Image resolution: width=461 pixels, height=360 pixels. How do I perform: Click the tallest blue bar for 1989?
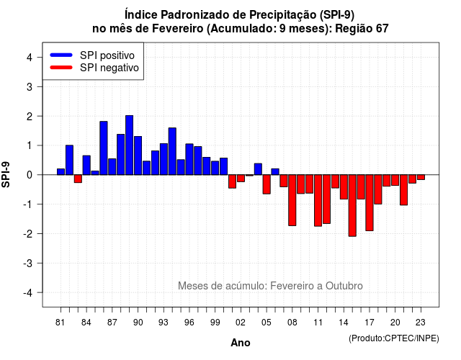130,145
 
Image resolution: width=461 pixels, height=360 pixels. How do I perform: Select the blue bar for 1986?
104,148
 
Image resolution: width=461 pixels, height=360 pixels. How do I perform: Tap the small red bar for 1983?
78,179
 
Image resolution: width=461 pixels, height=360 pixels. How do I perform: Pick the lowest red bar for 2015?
352,205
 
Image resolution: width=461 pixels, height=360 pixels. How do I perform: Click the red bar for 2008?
292,200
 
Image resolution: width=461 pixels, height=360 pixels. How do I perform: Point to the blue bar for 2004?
258,169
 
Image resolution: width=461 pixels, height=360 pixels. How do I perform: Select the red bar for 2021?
403,190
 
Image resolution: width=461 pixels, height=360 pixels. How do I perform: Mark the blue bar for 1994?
172,151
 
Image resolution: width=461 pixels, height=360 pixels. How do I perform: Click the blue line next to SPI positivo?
61,55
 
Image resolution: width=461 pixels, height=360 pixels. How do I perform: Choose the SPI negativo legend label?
109,68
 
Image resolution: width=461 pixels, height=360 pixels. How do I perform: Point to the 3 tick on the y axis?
40,86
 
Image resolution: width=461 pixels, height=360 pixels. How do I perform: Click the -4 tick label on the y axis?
29,293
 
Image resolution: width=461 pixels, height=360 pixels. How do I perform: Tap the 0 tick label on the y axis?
30,175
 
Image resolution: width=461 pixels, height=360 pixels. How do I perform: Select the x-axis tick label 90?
138,323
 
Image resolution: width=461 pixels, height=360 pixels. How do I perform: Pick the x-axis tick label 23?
421,323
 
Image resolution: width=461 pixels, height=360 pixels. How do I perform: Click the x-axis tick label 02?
241,323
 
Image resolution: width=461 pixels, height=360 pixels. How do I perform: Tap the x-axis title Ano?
241,343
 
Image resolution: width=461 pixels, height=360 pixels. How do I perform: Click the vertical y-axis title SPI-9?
6,174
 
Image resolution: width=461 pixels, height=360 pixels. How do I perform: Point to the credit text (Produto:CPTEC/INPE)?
394,338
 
